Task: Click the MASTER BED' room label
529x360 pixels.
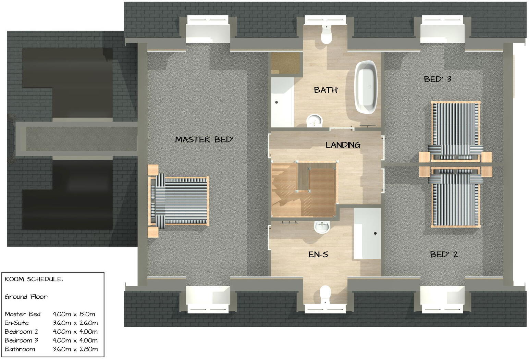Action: coord(204,139)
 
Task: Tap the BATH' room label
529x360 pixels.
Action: coord(326,90)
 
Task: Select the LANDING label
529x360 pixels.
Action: coord(343,145)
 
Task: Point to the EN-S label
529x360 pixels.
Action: coord(318,255)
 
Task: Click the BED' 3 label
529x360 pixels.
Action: coord(438,79)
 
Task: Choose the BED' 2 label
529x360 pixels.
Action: coord(444,255)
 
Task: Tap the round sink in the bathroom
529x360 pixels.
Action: coord(314,120)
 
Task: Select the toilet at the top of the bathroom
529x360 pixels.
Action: coord(326,35)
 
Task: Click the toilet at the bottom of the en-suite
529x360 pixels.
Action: coord(325,294)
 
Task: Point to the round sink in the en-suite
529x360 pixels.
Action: coord(322,226)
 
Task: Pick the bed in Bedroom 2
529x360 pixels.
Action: coord(455,199)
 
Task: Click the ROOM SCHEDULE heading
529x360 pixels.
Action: coord(34,279)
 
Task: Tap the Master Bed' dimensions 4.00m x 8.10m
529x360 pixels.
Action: coord(74,314)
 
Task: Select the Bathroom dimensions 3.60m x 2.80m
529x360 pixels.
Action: coord(75,349)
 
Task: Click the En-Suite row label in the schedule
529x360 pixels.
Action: coord(16,323)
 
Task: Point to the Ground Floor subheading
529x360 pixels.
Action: coord(26,297)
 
